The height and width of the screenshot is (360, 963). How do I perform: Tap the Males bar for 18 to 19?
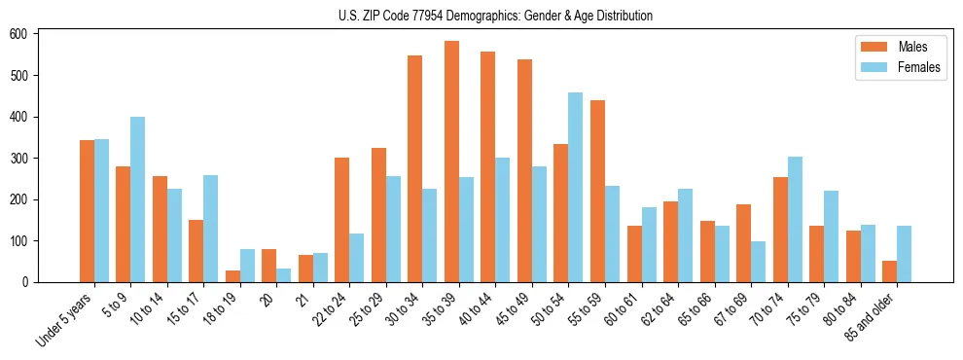tap(232, 276)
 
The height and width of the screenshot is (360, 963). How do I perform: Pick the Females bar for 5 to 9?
tap(137, 199)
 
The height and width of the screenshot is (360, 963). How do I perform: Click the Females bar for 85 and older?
tap(905, 254)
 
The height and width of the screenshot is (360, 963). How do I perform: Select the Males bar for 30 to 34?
tap(415, 168)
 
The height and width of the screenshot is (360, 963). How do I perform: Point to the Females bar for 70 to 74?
tap(795, 219)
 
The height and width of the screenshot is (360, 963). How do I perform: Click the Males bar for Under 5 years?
tap(87, 211)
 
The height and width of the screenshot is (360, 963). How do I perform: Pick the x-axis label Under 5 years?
tap(65, 320)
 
